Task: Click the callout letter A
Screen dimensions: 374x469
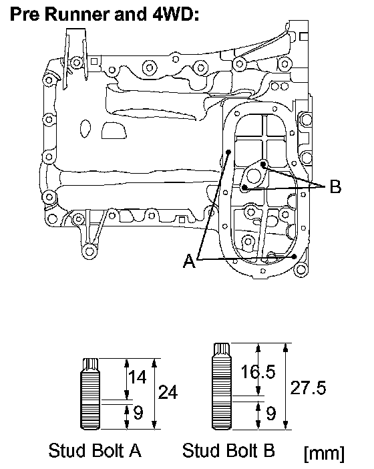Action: [190, 261]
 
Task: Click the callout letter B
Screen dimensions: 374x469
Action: [335, 186]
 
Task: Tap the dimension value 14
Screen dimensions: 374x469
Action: [137, 377]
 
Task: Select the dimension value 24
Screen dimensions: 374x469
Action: [168, 392]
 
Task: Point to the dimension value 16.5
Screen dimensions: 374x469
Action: [258, 372]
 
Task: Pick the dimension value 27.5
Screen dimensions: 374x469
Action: [308, 388]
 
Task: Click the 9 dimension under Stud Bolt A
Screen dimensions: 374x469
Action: [138, 413]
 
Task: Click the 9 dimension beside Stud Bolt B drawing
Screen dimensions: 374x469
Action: [270, 414]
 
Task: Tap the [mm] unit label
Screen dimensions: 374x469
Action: [324, 454]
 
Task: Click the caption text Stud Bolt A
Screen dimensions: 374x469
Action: [95, 450]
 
